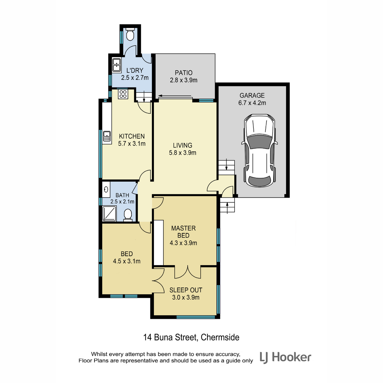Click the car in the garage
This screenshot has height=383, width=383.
tap(259, 150)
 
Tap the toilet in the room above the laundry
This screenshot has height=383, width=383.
tap(130, 34)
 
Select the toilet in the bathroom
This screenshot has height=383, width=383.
tap(128, 215)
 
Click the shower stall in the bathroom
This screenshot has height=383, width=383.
tap(109, 214)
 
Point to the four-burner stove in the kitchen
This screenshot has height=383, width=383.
tap(123, 94)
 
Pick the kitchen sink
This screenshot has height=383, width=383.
tap(107, 136)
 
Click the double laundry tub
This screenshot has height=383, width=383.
tap(116, 65)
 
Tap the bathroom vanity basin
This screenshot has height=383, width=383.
tap(106, 189)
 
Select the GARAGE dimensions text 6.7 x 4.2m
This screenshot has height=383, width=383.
tap(252, 103)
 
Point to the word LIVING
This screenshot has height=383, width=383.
tap(183, 145)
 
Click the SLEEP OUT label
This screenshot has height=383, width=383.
tap(186, 290)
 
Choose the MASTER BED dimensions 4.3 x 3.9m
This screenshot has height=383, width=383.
tap(183, 243)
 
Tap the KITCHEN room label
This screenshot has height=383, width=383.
tap(132, 136)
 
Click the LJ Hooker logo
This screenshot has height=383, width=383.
tap(285, 357)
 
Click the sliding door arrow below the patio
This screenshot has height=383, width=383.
tap(175, 96)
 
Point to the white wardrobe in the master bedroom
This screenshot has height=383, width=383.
tap(159, 243)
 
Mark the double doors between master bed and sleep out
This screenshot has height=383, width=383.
tap(188, 272)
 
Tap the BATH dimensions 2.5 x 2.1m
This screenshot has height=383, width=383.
tap(122, 201)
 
